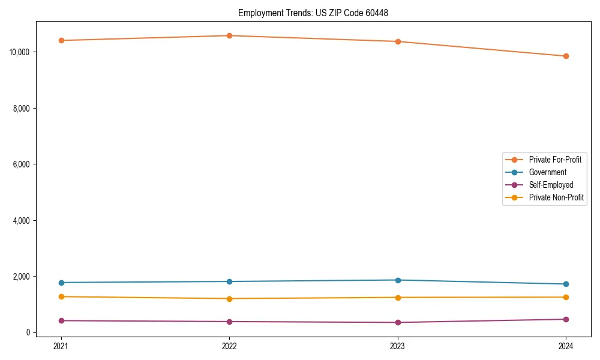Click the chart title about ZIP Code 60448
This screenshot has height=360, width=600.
(313, 13)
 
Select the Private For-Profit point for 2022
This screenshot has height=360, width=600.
(229, 35)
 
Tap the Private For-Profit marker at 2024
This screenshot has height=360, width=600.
(566, 56)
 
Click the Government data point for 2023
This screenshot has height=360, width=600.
(398, 280)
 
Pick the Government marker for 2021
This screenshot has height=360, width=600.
(61, 283)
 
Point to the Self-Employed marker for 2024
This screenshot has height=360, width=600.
(566, 319)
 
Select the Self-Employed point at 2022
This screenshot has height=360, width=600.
(229, 322)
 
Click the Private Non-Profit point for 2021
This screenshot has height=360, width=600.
(61, 296)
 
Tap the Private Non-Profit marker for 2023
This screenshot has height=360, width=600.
(398, 298)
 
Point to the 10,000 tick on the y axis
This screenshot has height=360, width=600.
(20, 52)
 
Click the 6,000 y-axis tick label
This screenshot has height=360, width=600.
(22, 164)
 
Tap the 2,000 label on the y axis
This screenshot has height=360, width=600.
(22, 277)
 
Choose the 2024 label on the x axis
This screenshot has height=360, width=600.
(566, 346)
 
